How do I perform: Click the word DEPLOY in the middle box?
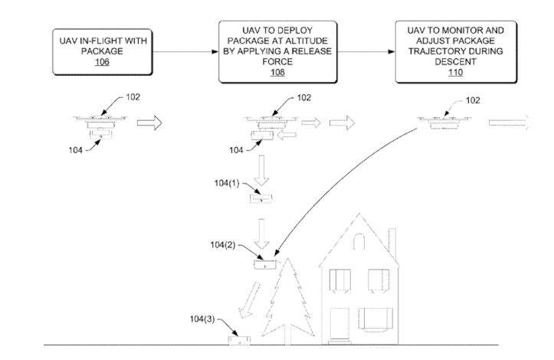280,32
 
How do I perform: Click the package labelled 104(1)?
262,199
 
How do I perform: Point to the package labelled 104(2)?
264,266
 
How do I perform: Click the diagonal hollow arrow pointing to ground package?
250,299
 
